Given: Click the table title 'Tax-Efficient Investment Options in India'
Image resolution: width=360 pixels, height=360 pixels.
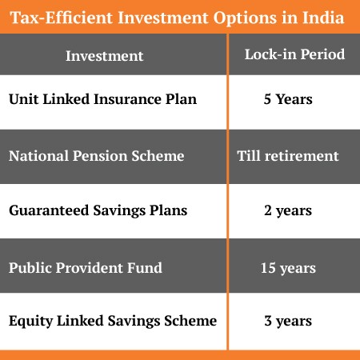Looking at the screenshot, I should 180,18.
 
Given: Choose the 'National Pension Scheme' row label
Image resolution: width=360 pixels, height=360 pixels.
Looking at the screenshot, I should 96,156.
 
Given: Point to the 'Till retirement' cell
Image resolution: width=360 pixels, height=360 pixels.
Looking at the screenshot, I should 288,156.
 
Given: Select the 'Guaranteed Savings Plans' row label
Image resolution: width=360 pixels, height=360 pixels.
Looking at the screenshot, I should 98,211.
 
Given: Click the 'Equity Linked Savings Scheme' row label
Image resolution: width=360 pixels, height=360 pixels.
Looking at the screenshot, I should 113,322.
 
